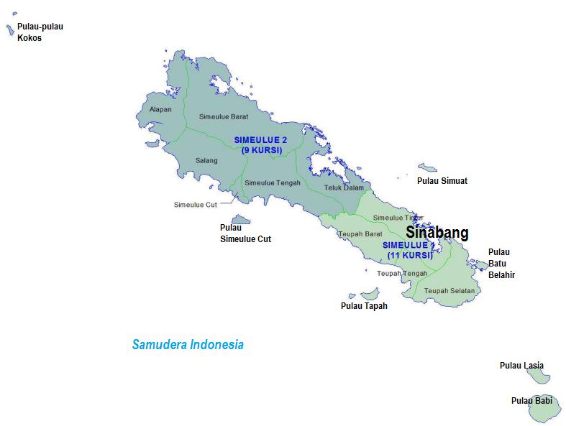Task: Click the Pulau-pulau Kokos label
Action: pos(40,32)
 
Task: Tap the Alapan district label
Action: pos(160,110)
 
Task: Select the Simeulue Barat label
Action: pos(224,116)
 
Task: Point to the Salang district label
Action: pos(206,161)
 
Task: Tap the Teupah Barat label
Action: pos(360,233)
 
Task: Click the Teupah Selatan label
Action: pos(449,290)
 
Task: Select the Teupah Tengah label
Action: pos(402,273)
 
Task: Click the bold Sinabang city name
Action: pos(437,233)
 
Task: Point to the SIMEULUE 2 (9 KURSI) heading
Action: pos(259,144)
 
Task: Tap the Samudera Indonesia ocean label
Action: pos(188,345)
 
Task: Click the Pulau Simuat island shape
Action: pos(427,167)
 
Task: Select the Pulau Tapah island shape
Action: pos(370,295)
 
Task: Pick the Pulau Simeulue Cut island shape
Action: pos(240,220)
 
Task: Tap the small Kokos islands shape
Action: pos(10,29)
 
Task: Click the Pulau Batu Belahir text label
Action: pos(501,263)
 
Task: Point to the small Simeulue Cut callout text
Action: pos(195,205)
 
